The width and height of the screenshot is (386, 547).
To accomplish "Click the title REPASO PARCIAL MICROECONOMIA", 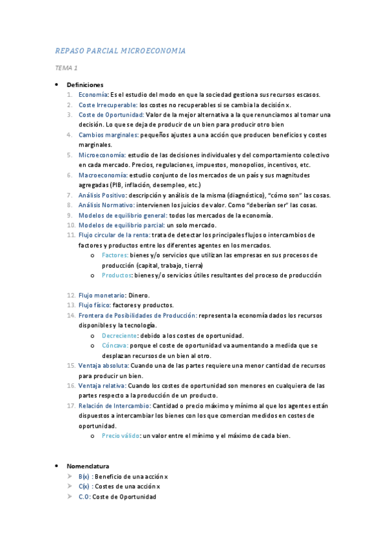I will (120, 50).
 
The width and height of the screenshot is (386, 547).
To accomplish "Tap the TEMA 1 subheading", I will (66, 68).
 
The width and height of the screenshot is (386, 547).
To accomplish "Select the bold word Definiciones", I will (85, 85).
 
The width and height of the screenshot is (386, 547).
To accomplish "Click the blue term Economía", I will (93, 95).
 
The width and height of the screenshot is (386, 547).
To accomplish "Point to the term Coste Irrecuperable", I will (108, 104).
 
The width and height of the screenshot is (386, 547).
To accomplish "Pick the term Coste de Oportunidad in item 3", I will (106, 115).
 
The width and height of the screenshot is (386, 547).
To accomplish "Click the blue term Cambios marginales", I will (108, 135).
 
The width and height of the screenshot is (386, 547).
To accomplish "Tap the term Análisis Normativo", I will (106, 205).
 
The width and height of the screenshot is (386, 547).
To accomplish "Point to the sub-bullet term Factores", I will (115, 255).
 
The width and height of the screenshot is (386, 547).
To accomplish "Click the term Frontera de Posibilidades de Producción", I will (137, 315).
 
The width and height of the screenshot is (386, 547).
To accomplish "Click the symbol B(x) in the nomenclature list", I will (84, 476).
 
